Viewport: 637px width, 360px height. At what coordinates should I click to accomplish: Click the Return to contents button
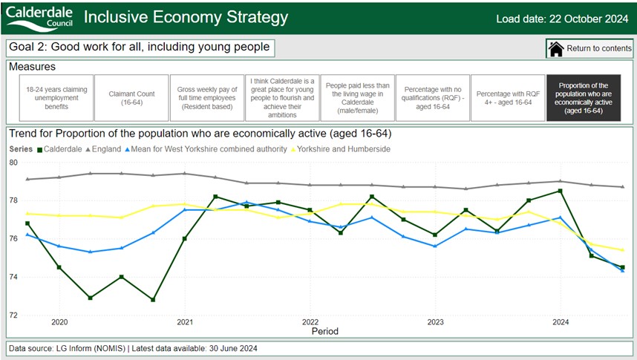(x=589, y=49)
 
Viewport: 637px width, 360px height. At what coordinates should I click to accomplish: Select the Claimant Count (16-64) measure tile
(x=131, y=98)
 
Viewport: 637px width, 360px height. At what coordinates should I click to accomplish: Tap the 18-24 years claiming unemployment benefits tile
(x=56, y=98)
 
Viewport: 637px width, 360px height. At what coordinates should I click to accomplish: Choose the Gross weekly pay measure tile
(x=206, y=98)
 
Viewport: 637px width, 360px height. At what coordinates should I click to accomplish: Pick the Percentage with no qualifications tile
(x=431, y=98)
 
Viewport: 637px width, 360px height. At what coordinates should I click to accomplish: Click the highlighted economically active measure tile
(x=582, y=98)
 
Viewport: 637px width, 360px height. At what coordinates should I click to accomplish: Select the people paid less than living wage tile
(x=356, y=98)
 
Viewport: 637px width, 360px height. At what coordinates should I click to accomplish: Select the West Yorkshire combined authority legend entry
(x=211, y=149)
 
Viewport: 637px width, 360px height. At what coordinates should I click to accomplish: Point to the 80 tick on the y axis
(x=13, y=162)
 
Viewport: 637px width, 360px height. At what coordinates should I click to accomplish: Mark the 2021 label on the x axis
(x=185, y=322)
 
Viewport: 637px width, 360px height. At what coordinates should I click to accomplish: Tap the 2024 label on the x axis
(x=561, y=322)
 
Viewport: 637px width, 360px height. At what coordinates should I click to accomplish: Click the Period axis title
(x=324, y=330)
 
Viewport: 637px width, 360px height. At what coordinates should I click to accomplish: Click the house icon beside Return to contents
(x=556, y=49)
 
